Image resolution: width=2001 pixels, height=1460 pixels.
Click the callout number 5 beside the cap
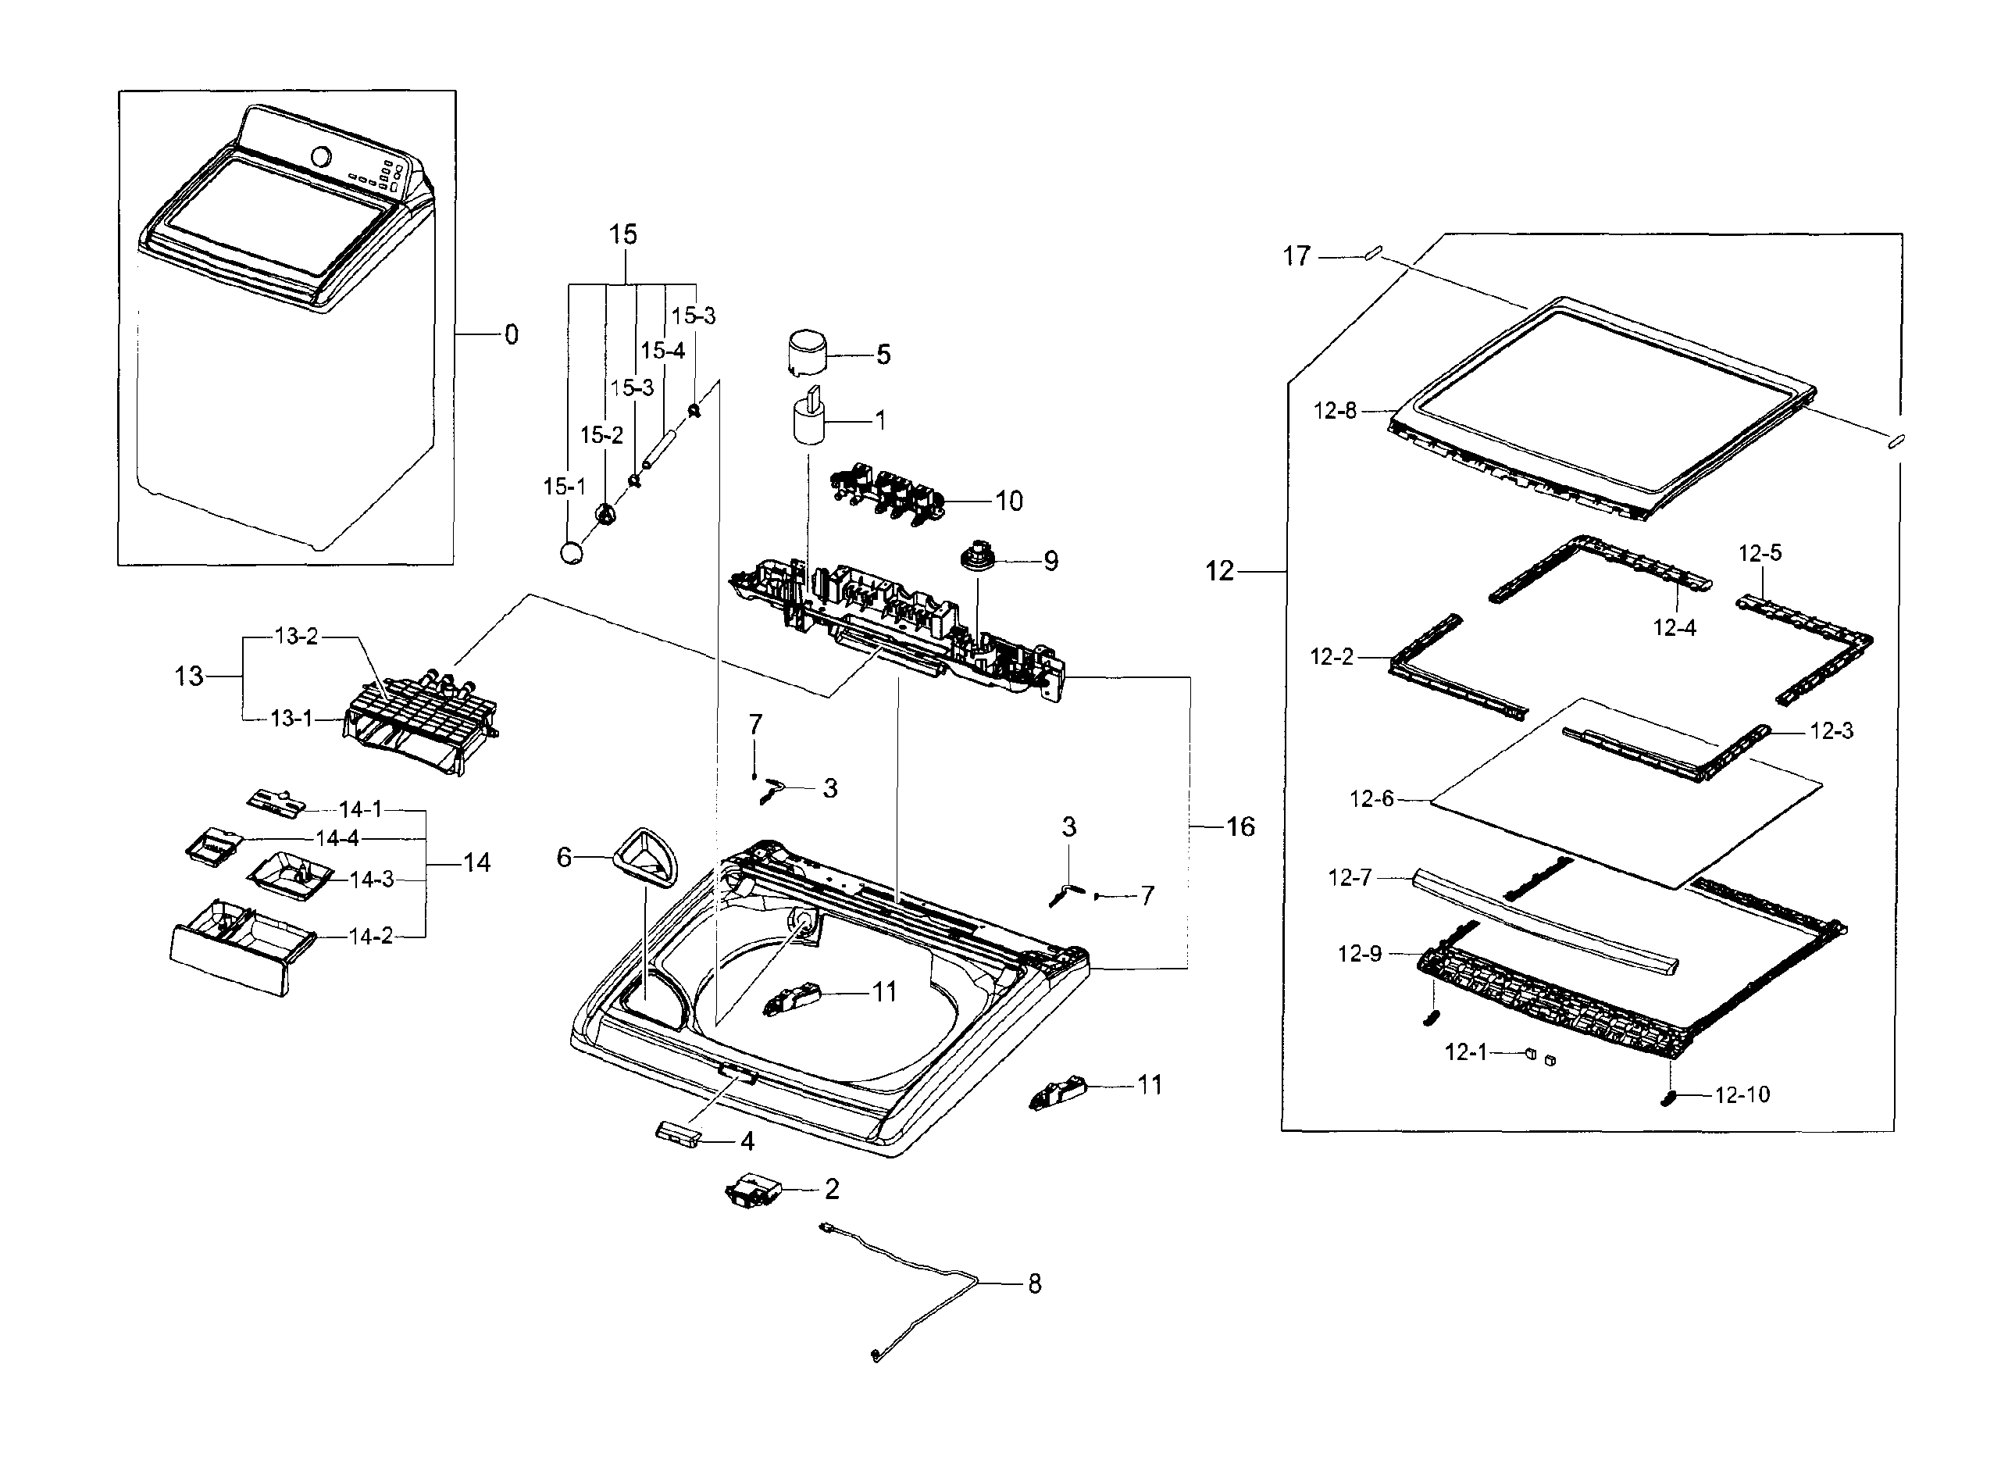click(x=883, y=355)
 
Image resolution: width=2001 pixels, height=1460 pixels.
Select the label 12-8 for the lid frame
click(x=1334, y=411)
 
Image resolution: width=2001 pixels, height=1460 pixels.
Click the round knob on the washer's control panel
click(x=322, y=156)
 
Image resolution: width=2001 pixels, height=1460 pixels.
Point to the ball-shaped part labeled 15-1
click(x=572, y=552)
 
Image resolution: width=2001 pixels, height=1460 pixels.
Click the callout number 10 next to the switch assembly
click(x=1008, y=501)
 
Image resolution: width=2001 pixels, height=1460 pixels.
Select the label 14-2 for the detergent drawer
click(x=371, y=937)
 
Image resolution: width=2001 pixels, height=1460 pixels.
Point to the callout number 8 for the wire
click(x=1035, y=1283)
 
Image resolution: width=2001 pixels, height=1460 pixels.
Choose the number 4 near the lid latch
click(x=747, y=1142)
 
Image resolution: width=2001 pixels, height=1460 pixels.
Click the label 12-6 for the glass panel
click(x=1371, y=799)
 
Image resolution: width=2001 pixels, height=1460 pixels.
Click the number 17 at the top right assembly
click(x=1296, y=256)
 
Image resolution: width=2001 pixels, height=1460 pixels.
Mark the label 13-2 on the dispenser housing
click(x=296, y=637)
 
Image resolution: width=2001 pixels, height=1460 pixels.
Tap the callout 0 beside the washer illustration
click(x=511, y=335)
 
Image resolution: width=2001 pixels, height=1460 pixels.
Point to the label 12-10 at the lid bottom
click(x=1742, y=1095)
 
